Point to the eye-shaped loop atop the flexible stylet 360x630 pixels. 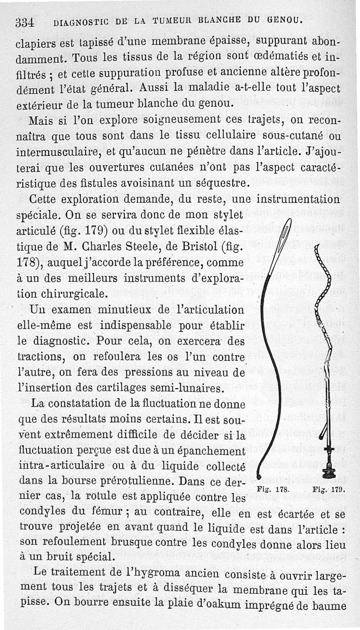pos(283,234)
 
